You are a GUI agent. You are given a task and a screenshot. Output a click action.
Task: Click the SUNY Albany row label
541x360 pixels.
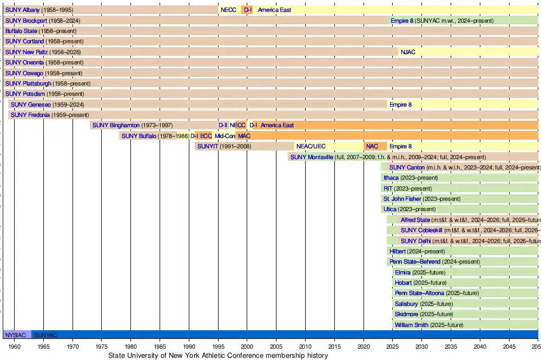22,10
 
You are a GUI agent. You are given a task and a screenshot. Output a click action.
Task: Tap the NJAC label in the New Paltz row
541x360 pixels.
408,52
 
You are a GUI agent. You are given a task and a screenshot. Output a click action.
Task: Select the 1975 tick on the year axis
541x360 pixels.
102,346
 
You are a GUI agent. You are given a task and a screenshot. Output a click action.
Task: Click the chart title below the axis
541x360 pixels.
218,356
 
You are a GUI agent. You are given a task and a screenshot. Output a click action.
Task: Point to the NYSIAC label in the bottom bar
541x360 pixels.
15,335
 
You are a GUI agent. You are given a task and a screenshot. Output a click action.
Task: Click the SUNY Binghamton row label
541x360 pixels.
116,125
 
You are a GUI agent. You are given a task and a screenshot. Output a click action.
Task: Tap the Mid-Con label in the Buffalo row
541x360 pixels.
225,136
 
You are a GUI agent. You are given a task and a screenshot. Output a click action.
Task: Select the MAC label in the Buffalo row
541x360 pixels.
244,136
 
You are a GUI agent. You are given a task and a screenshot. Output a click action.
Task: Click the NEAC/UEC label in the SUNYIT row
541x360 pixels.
311,146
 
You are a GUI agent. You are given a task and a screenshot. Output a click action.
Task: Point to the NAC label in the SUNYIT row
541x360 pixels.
372,146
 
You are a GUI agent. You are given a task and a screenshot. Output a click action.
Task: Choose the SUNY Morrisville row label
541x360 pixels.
312,157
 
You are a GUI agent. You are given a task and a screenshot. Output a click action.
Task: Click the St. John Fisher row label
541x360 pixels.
402,199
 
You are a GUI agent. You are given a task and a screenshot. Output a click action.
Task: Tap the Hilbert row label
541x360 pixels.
398,251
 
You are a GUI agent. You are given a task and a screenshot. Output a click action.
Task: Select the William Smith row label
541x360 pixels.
411,325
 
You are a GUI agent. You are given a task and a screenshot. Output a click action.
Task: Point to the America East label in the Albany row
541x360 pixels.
274,10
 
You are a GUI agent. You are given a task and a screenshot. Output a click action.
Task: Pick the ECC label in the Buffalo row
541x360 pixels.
206,136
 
